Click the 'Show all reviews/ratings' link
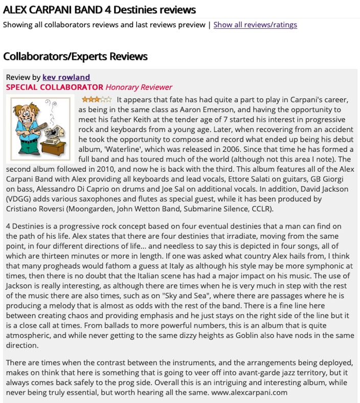pos(255,25)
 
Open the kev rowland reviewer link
pos(66,77)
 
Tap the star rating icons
pos(97,99)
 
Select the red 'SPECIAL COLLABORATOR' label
pos(55,87)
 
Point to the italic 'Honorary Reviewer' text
pos(139,87)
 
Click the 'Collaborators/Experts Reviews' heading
pos(75,56)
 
